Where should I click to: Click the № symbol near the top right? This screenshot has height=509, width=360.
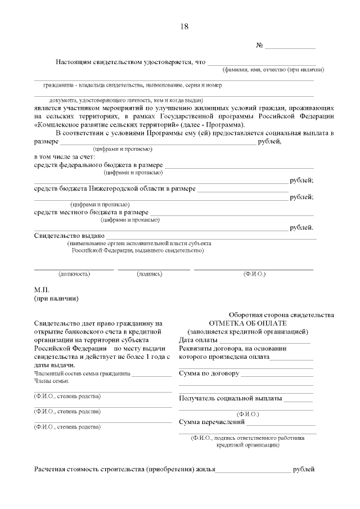point(260,45)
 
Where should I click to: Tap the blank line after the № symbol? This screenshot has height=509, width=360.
point(290,47)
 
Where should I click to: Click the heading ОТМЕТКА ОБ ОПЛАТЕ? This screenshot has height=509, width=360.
point(247,323)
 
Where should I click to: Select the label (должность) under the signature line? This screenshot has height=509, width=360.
point(74,274)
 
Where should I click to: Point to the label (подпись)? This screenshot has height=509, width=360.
point(149,274)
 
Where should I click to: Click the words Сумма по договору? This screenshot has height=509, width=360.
point(209,373)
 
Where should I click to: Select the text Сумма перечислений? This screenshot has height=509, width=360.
point(212,422)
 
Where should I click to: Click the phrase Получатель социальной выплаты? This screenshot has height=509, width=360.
point(231,398)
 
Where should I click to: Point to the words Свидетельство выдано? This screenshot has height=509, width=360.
point(70,236)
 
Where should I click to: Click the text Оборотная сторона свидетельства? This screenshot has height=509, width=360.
point(281,315)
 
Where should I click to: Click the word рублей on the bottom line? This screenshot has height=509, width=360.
point(304,469)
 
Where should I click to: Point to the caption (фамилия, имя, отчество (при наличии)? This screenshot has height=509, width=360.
point(272,70)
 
